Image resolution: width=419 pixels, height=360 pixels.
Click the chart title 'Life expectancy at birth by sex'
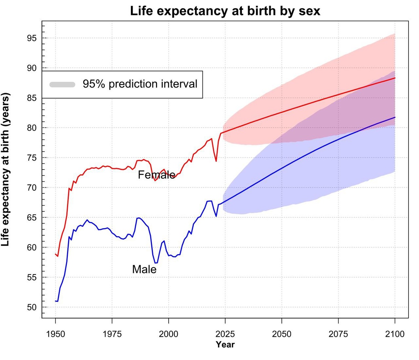(225, 11)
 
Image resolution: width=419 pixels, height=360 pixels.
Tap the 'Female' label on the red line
(156, 174)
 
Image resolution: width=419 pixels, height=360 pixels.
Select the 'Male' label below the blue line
(144, 269)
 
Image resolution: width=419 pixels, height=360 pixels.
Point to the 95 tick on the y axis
(32, 38)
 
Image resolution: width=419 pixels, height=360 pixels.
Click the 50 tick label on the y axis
(32, 307)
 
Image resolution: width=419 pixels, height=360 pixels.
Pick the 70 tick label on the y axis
(32, 188)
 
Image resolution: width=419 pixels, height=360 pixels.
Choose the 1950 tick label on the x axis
(55, 334)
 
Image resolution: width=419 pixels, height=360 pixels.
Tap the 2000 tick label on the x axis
(168, 334)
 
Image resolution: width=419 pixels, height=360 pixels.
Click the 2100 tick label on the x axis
(395, 334)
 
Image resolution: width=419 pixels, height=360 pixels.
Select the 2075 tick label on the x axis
(338, 334)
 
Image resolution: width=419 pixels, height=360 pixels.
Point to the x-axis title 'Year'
(225, 345)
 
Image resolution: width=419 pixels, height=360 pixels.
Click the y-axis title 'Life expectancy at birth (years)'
(6, 169)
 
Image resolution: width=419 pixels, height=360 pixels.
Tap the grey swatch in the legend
(63, 84)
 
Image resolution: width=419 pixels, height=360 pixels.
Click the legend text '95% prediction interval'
(140, 84)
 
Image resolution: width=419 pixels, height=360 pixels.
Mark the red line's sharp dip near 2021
(216, 161)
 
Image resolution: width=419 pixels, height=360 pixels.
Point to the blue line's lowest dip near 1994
(156, 263)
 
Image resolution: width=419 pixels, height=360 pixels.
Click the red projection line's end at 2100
(395, 78)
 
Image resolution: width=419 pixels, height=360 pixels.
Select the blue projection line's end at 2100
(395, 117)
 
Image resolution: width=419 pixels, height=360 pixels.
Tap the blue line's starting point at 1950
(56, 301)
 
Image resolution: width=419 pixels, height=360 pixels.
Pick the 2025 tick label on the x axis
(225, 334)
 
